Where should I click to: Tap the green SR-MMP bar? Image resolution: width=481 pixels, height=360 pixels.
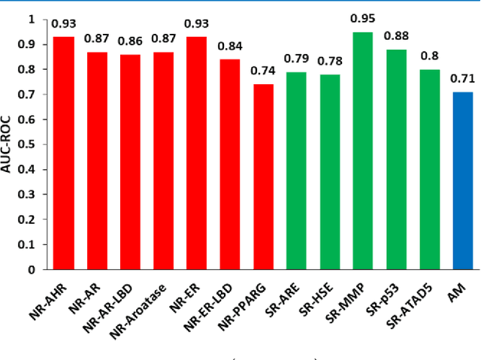[363, 150]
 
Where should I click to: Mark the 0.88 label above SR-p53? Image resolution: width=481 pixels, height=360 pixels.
[396, 35]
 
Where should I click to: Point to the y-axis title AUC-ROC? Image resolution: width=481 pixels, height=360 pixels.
[10, 144]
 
